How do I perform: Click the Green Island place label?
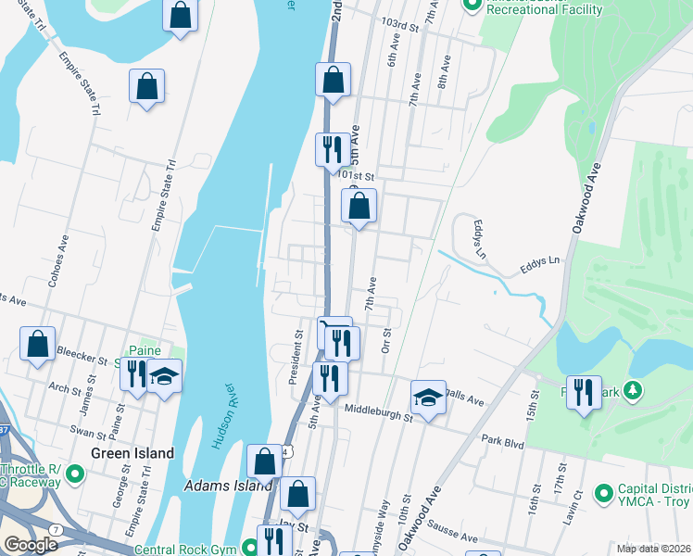click(132, 453)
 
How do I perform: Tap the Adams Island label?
click(228, 485)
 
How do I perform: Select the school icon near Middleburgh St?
click(428, 398)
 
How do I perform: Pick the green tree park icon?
click(634, 391)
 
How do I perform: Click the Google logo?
click(31, 544)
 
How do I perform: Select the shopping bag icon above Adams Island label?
click(265, 461)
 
